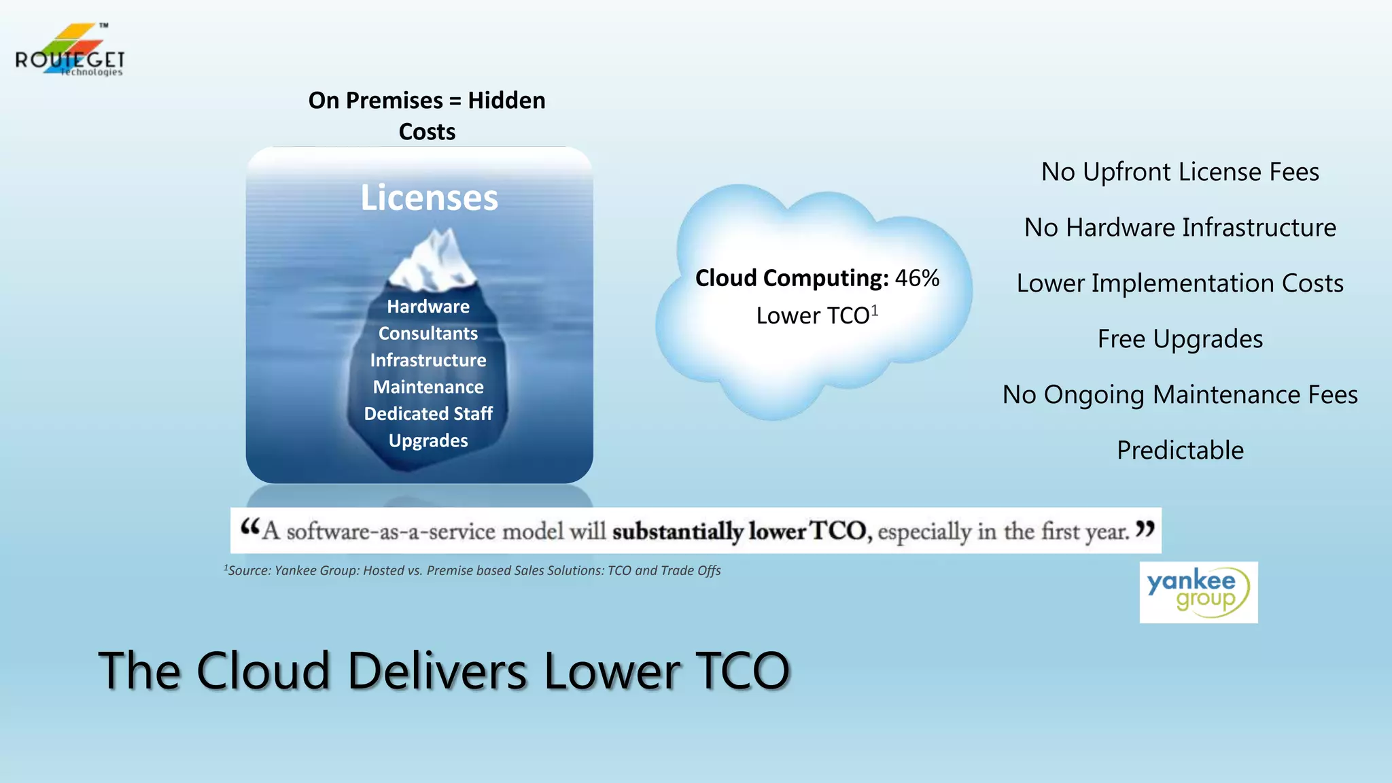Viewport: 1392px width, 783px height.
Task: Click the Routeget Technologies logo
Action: (x=69, y=51)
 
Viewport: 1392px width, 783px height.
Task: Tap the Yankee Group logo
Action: (x=1198, y=592)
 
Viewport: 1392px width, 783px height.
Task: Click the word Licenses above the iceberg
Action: (x=429, y=198)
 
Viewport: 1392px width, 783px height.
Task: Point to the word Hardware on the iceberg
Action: (x=428, y=307)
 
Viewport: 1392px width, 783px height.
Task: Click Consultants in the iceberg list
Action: (x=428, y=334)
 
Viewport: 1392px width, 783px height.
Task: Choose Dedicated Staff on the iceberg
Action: (x=428, y=414)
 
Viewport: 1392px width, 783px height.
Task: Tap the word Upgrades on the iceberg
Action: (x=428, y=440)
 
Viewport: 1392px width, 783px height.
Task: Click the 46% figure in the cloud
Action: (x=917, y=278)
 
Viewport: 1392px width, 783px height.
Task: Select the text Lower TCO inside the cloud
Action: (x=812, y=316)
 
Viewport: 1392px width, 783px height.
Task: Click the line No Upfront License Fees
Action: (x=1180, y=172)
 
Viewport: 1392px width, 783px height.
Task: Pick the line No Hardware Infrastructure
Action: (x=1180, y=228)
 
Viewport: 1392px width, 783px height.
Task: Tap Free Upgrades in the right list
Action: (x=1180, y=339)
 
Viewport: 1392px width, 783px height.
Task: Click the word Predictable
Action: (x=1180, y=451)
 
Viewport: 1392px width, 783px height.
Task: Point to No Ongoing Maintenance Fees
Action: (x=1180, y=395)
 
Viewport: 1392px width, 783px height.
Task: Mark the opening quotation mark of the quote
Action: (x=250, y=526)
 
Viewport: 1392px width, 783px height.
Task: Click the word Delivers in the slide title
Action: (x=437, y=671)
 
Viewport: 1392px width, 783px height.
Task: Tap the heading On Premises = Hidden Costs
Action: (x=427, y=116)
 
